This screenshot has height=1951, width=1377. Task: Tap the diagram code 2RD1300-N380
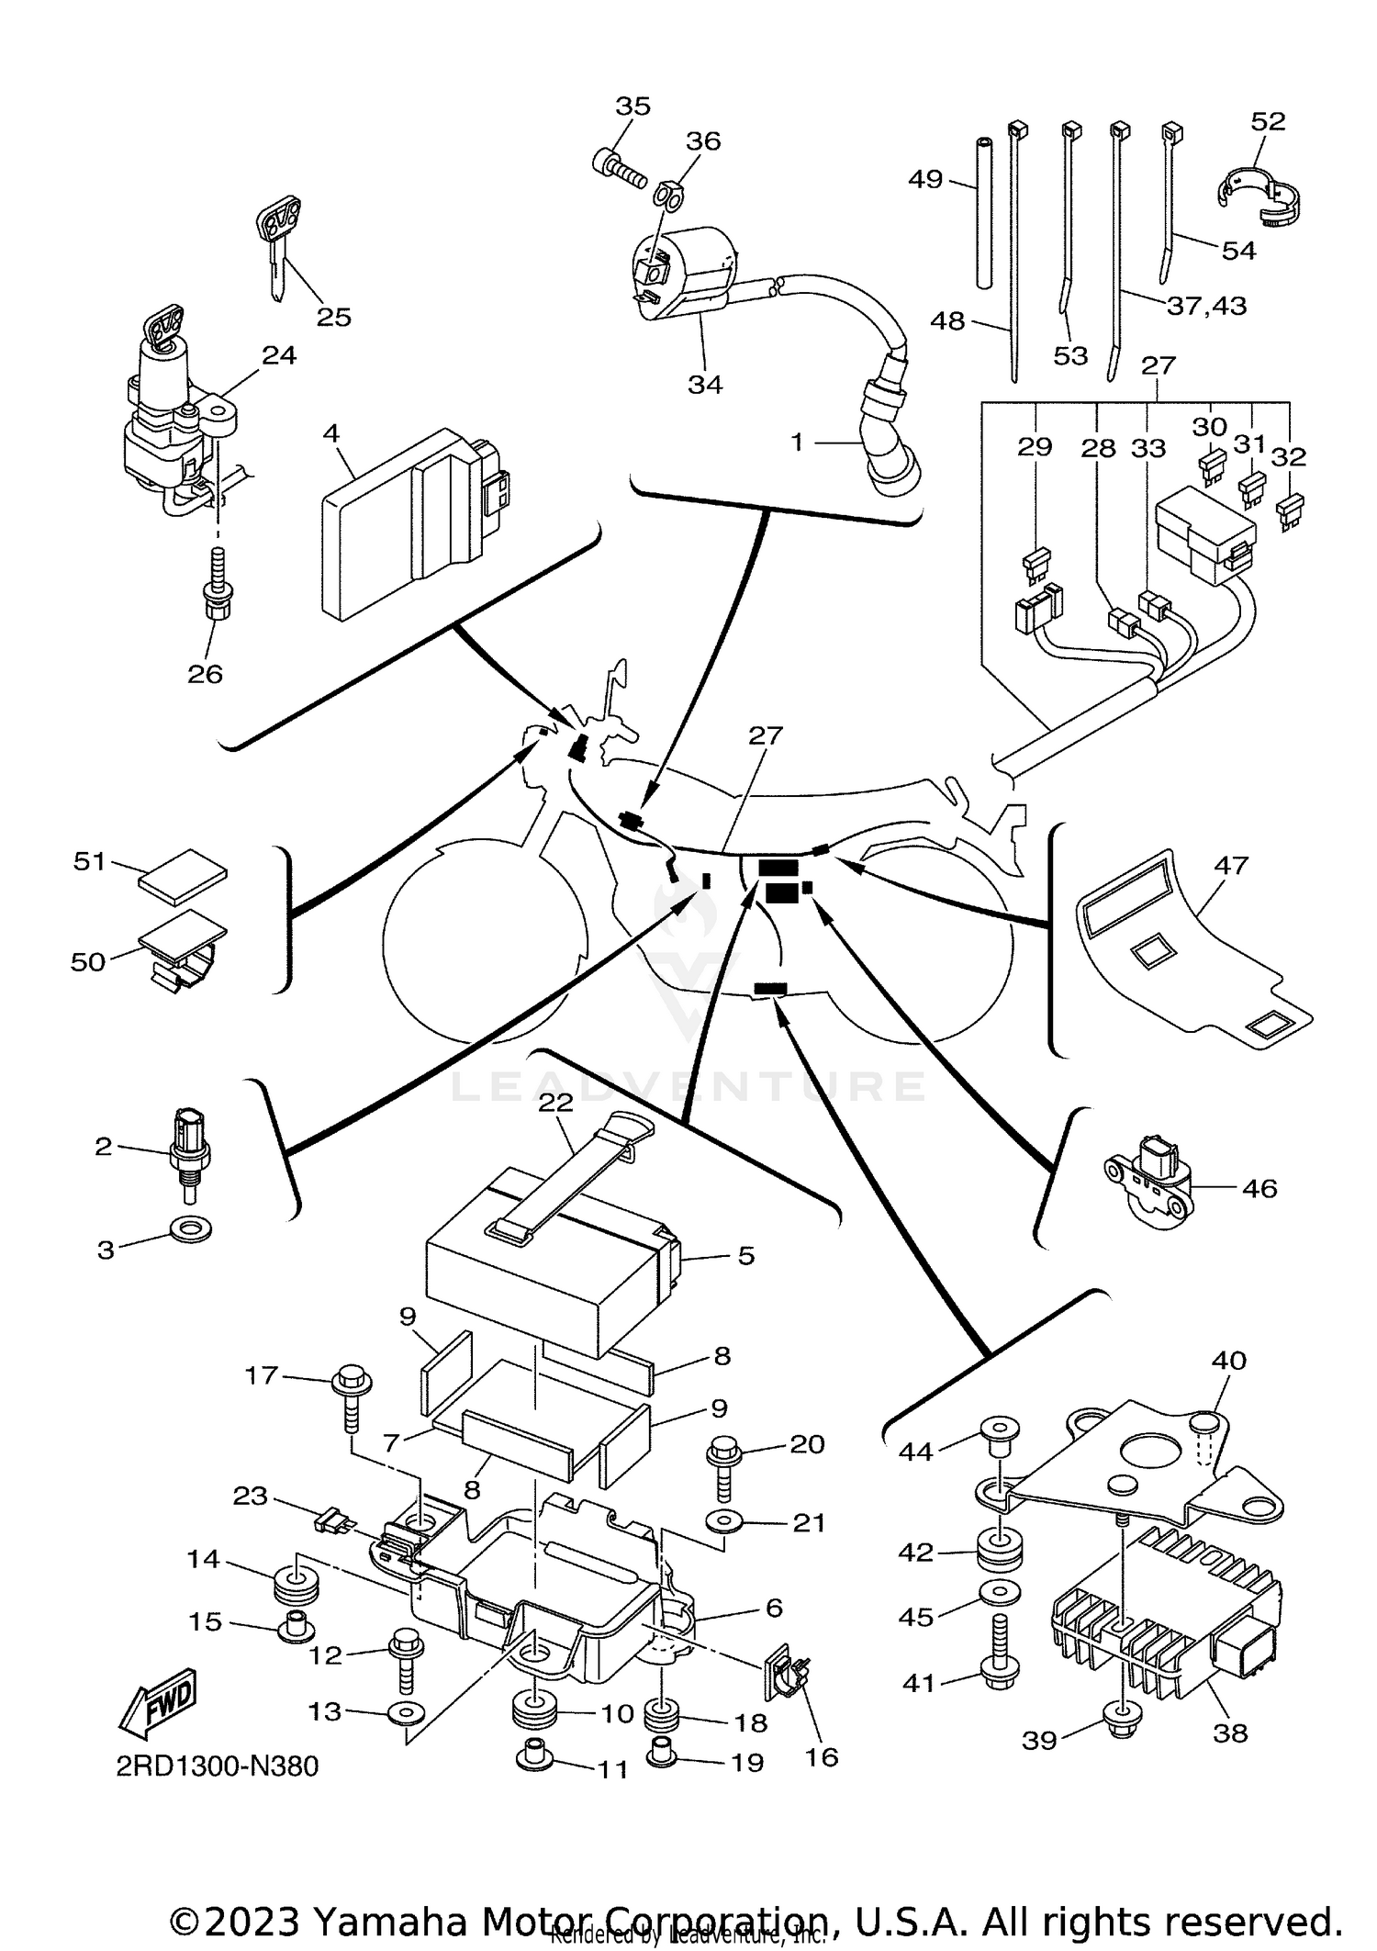pos(218,1791)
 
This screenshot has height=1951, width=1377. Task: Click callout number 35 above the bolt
pos(633,107)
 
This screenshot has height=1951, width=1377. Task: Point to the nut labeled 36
pos(667,195)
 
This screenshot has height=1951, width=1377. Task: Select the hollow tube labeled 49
pos(985,213)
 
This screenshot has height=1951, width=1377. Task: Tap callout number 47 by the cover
pos(1231,865)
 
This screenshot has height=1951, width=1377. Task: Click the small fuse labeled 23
pos(331,1525)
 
